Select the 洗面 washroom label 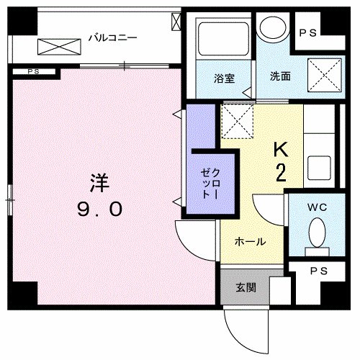point(281,75)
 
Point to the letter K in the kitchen point(280,149)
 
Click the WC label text point(318,207)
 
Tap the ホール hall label point(251,241)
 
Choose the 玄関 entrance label point(246,287)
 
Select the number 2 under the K point(281,172)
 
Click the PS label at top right point(308,33)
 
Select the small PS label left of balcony point(33,71)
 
